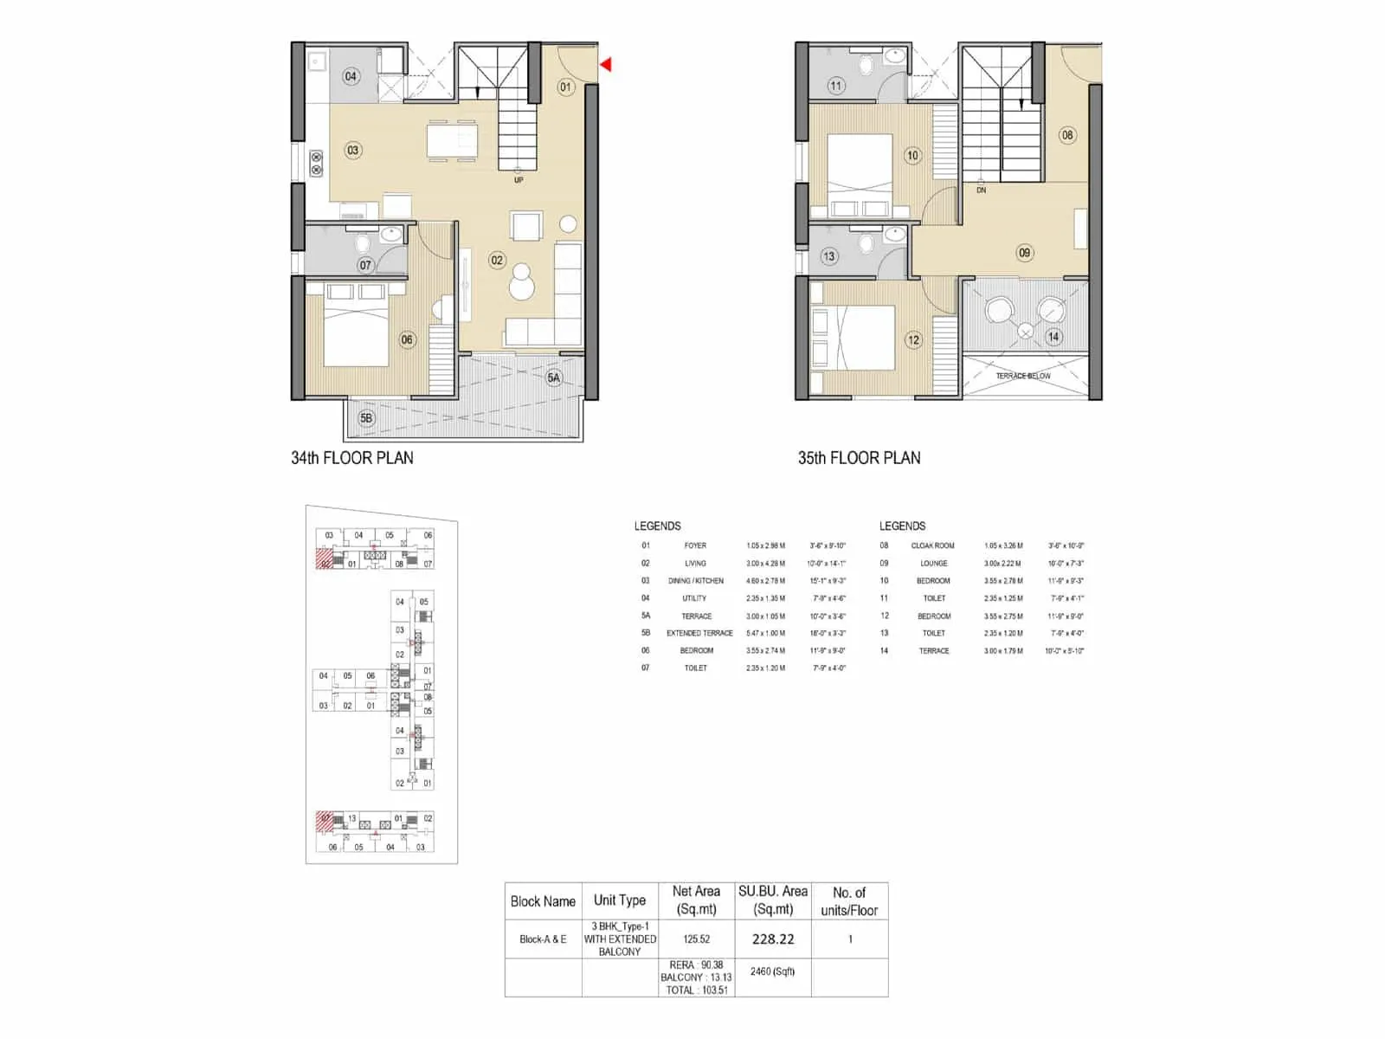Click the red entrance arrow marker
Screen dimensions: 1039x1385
[607, 64]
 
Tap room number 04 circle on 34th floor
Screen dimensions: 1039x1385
[351, 76]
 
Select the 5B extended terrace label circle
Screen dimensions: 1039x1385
[366, 418]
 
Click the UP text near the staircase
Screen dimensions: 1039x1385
[519, 180]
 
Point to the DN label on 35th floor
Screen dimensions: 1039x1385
[981, 190]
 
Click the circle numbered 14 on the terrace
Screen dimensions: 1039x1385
[1053, 337]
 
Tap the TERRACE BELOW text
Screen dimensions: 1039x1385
[1023, 376]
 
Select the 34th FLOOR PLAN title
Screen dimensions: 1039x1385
[352, 458]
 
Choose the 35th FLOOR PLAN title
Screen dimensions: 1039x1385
[859, 458]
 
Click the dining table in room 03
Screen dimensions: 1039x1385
[451, 141]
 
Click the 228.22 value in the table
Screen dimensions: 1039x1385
[773, 939]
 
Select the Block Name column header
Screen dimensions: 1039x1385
[543, 901]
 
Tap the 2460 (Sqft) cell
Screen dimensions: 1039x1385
[773, 971]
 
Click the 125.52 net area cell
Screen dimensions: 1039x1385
[696, 939]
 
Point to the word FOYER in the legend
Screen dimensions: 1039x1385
[695, 545]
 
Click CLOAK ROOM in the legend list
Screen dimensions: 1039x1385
[932, 545]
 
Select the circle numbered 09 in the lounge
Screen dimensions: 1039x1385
[1025, 253]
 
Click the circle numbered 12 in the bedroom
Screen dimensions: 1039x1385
[913, 340]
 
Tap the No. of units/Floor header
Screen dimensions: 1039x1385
[849, 901]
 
